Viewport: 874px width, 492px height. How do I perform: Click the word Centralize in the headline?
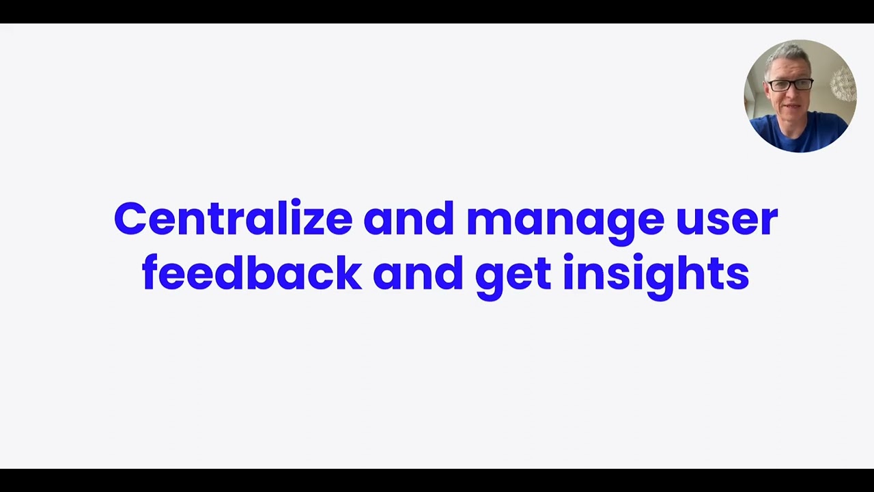(x=233, y=220)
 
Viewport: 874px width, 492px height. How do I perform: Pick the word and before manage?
(x=408, y=220)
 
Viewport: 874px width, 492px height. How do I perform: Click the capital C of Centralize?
(x=130, y=220)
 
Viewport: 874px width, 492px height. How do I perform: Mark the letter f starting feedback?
(x=152, y=273)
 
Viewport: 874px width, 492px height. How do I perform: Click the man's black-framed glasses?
(x=790, y=85)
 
